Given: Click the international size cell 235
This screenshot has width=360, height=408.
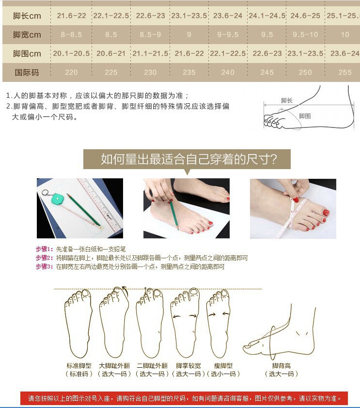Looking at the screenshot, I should (x=189, y=73).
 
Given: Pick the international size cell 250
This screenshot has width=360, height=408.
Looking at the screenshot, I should (x=305, y=73).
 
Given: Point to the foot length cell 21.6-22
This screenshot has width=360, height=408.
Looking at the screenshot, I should (x=71, y=16).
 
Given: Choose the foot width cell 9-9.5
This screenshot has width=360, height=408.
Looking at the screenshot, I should (x=228, y=35).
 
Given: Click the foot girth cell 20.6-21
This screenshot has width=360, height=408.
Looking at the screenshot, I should (x=111, y=54).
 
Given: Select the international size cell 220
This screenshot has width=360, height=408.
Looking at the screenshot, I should (x=71, y=73).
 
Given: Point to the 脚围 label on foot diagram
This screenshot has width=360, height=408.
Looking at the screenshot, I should (x=305, y=116).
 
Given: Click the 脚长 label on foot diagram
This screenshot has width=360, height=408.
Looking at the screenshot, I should (x=287, y=101).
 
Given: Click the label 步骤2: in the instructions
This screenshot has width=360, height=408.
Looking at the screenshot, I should (x=45, y=258).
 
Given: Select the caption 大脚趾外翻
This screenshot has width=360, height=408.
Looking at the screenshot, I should (x=114, y=366).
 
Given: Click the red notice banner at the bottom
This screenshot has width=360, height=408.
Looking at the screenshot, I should (x=184, y=398).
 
